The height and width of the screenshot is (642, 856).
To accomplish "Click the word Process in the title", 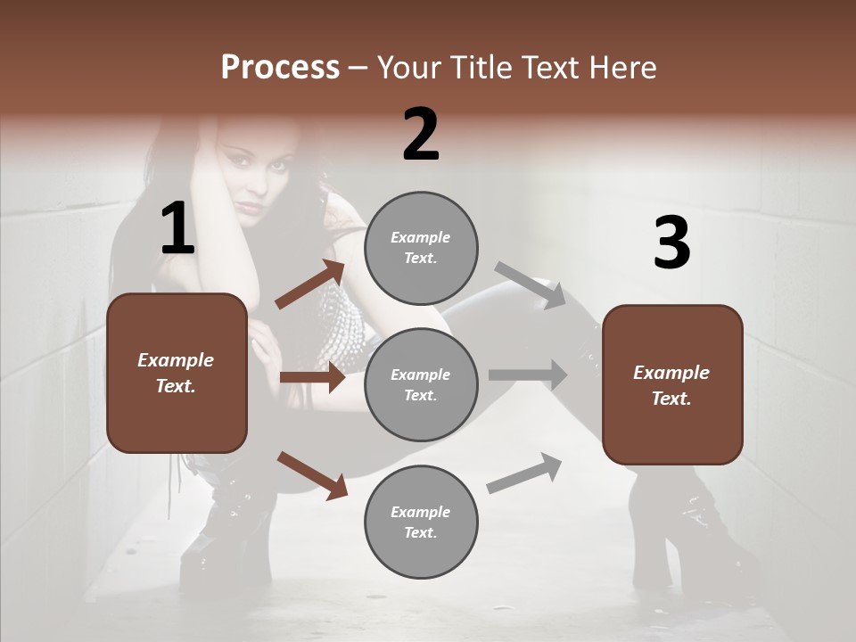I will pyautogui.click(x=280, y=68).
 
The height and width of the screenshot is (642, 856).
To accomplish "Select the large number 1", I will pyautogui.click(x=177, y=229).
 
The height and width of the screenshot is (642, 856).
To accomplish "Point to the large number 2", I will pyautogui.click(x=421, y=135).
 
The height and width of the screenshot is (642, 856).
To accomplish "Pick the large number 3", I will pyautogui.click(x=671, y=243).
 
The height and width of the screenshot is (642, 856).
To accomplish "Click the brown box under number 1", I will pyautogui.click(x=177, y=373).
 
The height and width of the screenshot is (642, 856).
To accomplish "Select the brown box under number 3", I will pyautogui.click(x=672, y=385).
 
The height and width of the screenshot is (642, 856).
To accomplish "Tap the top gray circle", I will pyautogui.click(x=421, y=248).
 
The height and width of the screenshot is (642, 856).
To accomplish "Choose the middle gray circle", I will pyautogui.click(x=421, y=385).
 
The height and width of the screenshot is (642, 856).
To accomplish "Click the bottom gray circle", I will pyautogui.click(x=421, y=523).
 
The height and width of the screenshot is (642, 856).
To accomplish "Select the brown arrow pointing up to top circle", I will pyautogui.click(x=309, y=285).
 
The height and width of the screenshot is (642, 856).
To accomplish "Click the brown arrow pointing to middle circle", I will pyautogui.click(x=312, y=378).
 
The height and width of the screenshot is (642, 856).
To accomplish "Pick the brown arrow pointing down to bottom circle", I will pyautogui.click(x=312, y=475).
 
